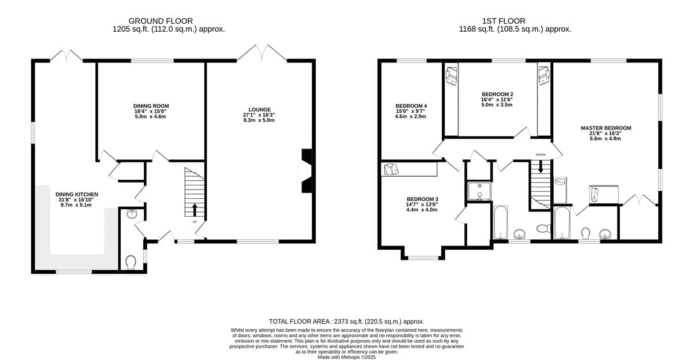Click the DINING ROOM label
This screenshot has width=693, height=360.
point(151,106)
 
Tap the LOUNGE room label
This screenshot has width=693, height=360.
point(259,110)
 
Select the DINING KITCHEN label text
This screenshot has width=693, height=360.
point(77,194)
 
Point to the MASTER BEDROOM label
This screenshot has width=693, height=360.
point(606,128)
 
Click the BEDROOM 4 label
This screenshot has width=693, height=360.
point(411,106)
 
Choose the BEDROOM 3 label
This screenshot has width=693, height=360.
point(422,199)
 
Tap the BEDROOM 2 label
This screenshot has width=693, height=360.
point(497,94)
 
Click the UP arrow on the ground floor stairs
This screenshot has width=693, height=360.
point(195,210)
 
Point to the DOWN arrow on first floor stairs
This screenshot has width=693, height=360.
point(541,166)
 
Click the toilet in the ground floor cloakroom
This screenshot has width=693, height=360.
point(131,262)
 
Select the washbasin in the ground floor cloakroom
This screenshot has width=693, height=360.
point(132,214)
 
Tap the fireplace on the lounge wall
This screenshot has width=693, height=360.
point(307,171)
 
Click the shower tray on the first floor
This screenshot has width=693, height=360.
point(479,191)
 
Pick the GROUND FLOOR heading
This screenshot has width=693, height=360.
point(161,21)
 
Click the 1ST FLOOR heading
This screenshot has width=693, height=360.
point(504,21)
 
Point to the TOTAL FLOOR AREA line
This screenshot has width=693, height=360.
point(346,322)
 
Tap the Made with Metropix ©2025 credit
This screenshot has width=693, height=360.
point(346,357)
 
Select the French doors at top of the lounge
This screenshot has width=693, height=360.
point(262,53)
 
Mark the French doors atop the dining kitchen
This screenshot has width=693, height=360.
point(66,55)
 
